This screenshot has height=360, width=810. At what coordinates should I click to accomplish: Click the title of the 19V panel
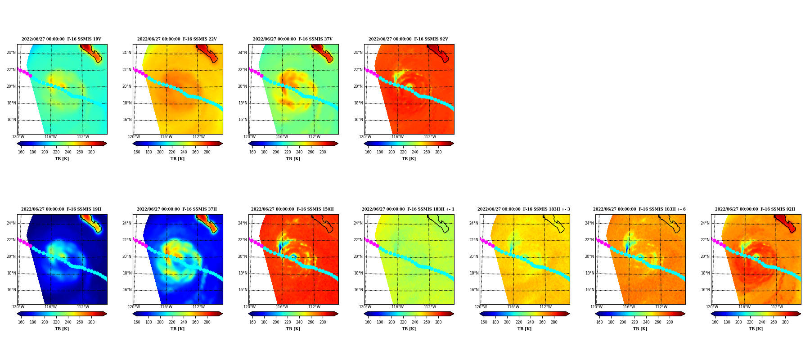click(61, 39)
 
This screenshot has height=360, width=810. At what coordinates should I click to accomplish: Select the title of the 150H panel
click(292, 209)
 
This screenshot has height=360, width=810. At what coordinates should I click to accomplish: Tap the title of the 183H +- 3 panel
click(524, 209)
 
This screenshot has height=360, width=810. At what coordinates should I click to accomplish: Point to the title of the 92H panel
click(755, 209)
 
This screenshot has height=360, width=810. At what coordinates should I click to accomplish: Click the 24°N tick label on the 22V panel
click(127, 53)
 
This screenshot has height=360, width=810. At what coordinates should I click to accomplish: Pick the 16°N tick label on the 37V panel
click(243, 120)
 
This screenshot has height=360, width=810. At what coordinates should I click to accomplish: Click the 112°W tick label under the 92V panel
click(430, 137)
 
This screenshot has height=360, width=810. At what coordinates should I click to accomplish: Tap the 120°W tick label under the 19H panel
click(18, 307)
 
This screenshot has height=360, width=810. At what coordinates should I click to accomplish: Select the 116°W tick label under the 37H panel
click(166, 307)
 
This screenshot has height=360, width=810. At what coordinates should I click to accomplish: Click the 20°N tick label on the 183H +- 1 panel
click(358, 256)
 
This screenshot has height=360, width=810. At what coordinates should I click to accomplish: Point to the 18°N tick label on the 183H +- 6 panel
click(589, 273)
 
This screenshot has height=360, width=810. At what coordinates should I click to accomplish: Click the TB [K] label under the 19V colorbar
click(62, 159)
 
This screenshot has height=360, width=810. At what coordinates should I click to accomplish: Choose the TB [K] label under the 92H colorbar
click(756, 329)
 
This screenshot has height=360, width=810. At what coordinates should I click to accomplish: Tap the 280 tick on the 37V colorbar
click(323, 152)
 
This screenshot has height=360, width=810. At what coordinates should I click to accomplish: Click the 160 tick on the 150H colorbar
click(252, 322)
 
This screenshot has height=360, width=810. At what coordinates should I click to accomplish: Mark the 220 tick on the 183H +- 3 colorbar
click(519, 322)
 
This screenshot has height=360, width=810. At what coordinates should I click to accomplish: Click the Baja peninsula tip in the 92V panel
click(446, 61)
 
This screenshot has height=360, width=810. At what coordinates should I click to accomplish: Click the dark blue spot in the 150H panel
click(280, 247)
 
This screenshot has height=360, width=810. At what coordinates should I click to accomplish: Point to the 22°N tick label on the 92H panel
click(705, 240)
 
